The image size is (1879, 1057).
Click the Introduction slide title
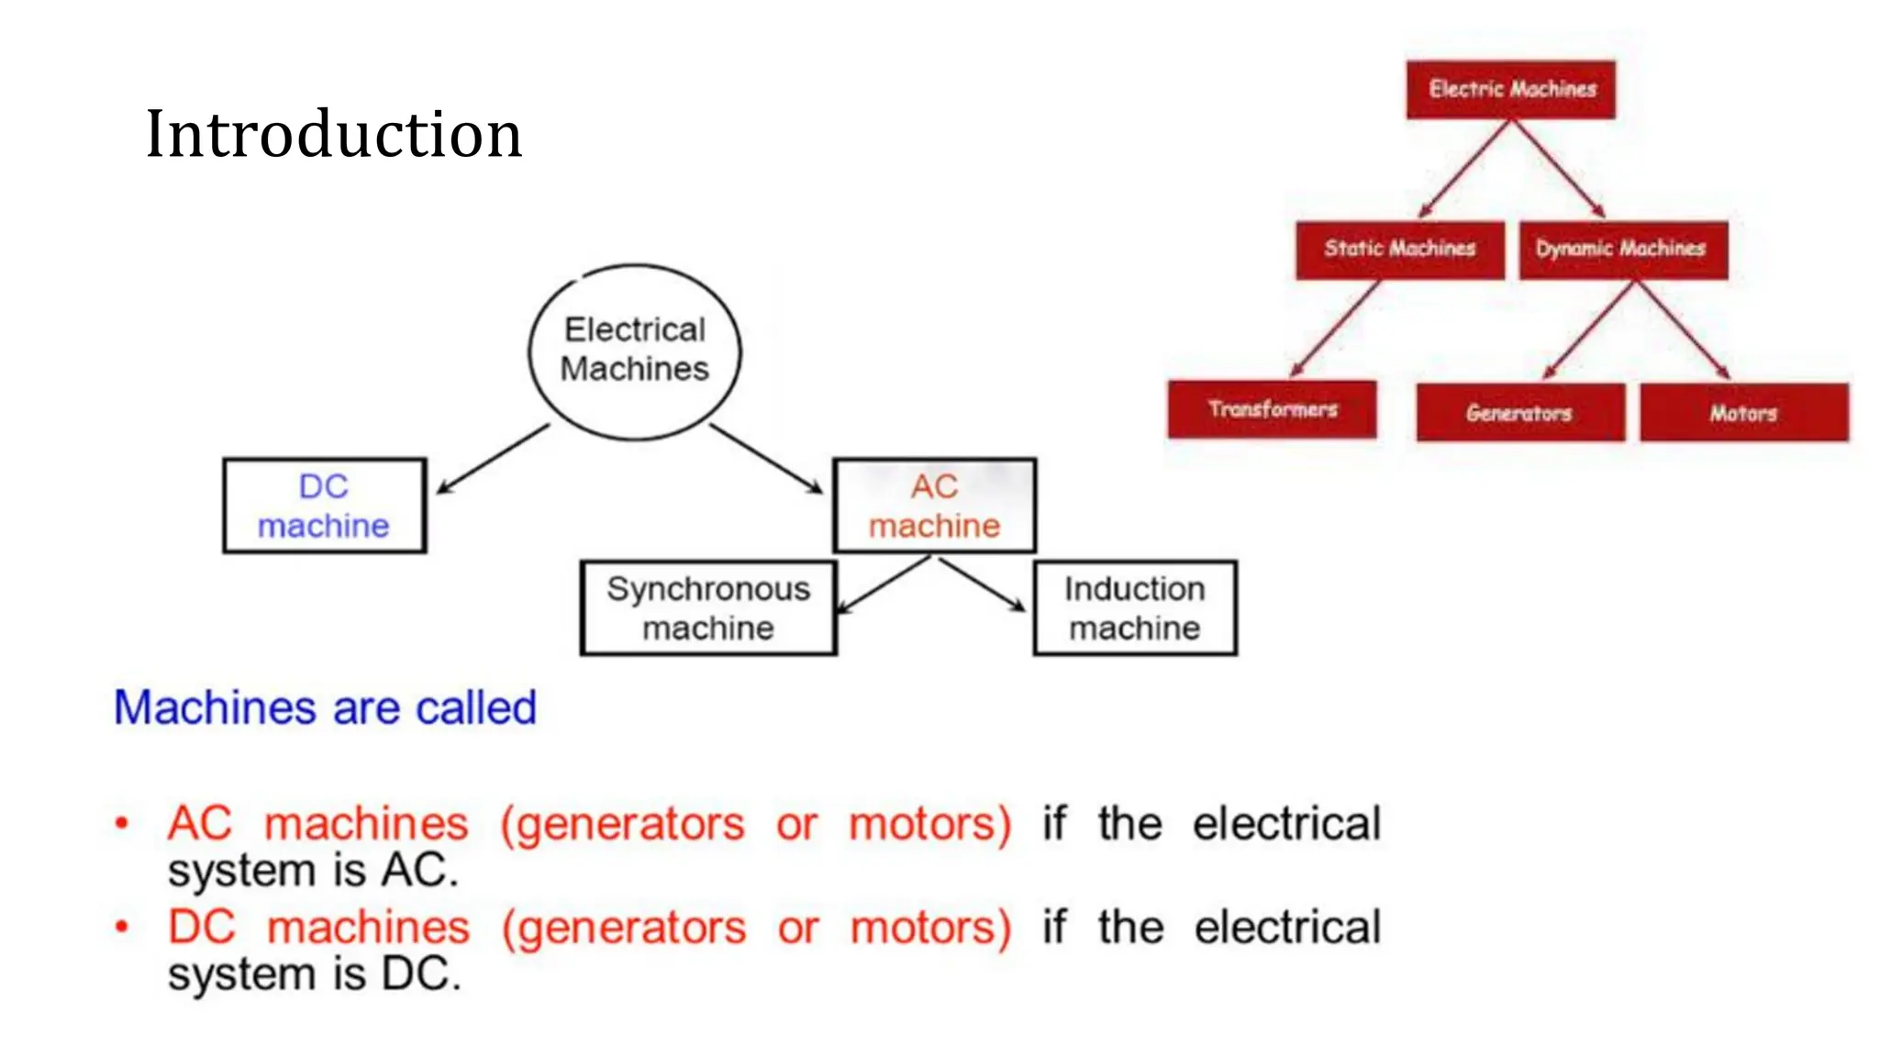(333, 134)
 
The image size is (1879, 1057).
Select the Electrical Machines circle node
(635, 350)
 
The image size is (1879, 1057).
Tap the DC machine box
(324, 506)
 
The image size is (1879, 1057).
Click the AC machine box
(934, 506)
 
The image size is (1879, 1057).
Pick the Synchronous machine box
(708, 608)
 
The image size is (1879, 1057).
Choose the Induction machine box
(1135, 608)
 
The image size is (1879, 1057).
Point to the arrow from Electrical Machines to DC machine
(494, 459)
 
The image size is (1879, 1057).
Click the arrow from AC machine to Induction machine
(982, 584)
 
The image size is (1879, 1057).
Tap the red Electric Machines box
(1511, 89)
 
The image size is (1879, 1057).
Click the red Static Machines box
(1399, 250)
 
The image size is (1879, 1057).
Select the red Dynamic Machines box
(1622, 250)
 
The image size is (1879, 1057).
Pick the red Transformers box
(1272, 409)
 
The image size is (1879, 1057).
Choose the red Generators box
(1519, 413)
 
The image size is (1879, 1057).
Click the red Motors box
(1743, 413)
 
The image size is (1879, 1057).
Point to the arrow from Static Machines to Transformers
(1335, 328)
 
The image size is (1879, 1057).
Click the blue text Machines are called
(325, 708)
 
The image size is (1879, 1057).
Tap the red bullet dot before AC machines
(121, 823)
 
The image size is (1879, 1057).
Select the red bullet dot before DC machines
(121, 927)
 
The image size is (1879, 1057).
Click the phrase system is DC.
(314, 974)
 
